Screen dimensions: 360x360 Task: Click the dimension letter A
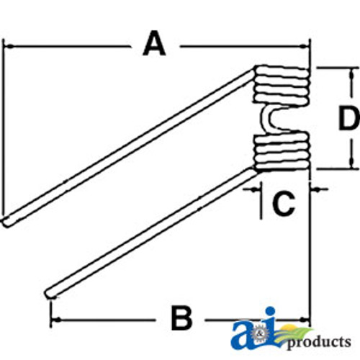[x=154, y=44]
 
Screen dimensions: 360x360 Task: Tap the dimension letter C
[x=283, y=204]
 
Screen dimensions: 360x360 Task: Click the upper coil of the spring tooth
[x=282, y=85]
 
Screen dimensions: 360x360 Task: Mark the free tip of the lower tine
[x=50, y=294]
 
